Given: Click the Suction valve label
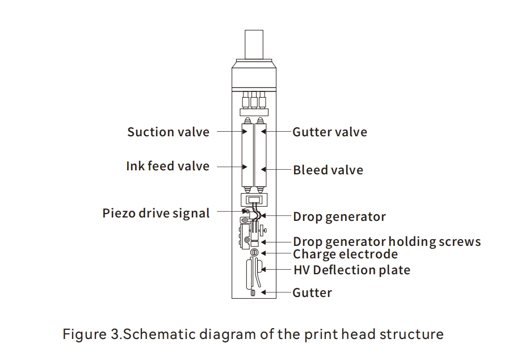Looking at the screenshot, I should coord(168,132).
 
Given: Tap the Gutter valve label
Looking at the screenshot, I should coord(329,132).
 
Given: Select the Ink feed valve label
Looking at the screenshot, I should coord(167,166).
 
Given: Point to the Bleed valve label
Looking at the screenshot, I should coord(328,170).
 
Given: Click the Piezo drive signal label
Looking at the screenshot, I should coord(156,214).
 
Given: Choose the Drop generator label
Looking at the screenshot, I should coord(339,216).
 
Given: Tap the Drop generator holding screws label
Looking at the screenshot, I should coord(387,242).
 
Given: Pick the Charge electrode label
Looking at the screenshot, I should coord(345,254).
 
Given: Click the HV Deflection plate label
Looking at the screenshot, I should coord(351,270).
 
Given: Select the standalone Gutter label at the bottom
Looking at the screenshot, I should coord(312,293).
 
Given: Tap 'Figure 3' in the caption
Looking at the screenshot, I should coord(91,334).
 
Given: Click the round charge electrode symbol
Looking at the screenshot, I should coord(254,252).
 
